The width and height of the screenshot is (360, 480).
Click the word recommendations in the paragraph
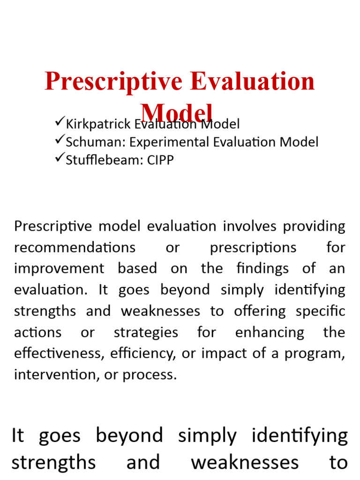(75, 247)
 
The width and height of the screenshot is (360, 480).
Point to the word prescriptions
(253, 247)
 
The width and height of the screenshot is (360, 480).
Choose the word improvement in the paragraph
(59, 269)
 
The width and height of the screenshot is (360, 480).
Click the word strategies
(146, 333)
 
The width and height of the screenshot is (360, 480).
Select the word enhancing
(270, 333)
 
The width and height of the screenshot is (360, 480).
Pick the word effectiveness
(58, 354)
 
